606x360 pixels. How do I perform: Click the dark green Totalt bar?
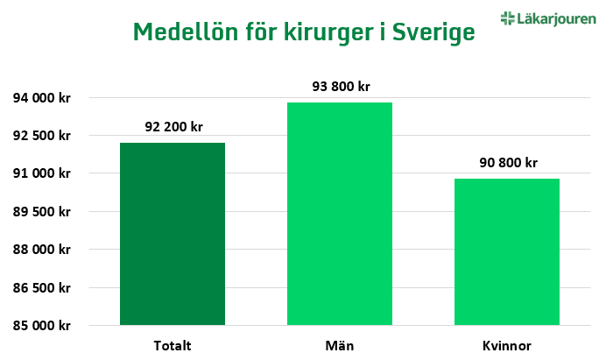(172, 234)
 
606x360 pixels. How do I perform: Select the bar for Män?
(340, 214)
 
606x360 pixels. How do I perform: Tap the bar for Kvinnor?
(507, 251)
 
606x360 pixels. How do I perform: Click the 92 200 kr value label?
(172, 127)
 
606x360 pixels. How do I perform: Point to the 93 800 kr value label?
(340, 87)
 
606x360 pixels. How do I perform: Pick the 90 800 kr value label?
(507, 163)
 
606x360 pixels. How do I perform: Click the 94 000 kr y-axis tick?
(41, 98)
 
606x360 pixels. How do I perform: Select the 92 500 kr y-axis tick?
(41, 136)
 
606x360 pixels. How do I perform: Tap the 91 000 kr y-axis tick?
(41, 173)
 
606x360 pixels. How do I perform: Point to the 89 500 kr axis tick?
(41, 212)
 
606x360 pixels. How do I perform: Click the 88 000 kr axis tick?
(41, 250)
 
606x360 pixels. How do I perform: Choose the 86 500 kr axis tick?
(41, 287)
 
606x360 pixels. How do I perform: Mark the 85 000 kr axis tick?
(41, 326)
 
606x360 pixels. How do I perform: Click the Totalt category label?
(172, 344)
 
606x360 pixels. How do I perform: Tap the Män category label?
(340, 344)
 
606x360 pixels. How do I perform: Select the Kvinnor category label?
(507, 344)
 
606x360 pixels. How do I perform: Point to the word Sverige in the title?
(433, 33)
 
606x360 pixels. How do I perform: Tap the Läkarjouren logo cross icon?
(507, 18)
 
